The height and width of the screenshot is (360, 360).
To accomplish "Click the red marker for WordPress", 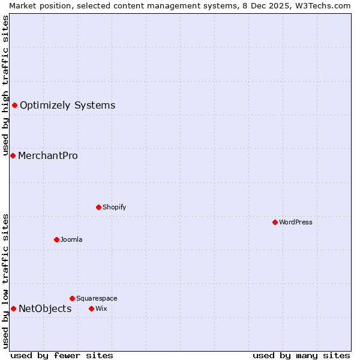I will point(275,222).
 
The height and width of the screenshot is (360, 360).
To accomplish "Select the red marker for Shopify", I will point(98,207).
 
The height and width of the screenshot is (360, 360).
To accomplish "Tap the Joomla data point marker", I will point(56,239).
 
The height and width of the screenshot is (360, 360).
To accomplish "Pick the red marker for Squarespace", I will point(72,298).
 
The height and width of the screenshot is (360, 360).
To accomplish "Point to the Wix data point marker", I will point(91,308).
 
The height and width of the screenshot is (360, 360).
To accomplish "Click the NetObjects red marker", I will point(13,308).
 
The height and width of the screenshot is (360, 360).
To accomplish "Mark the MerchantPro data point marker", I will point(13,155).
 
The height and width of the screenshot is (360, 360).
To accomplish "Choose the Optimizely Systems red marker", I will point(14,105).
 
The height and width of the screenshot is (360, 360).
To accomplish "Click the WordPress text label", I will point(296,222).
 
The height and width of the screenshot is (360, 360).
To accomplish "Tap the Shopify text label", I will point(114,207).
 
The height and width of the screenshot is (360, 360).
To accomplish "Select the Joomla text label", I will point(71,239).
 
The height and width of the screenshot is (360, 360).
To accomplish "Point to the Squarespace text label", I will point(97,298).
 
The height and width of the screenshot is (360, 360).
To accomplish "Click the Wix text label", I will point(101,308).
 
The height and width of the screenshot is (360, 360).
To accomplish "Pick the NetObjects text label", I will point(45,308).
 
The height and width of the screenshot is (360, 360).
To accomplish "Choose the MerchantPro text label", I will point(48,155).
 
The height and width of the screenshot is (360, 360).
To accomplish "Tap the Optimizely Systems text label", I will point(67,105).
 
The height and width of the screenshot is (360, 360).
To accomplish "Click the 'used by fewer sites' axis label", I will point(62,355).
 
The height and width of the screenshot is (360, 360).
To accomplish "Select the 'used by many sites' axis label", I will point(301,355).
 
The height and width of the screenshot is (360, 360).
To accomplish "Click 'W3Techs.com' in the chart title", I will point(326,5).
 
